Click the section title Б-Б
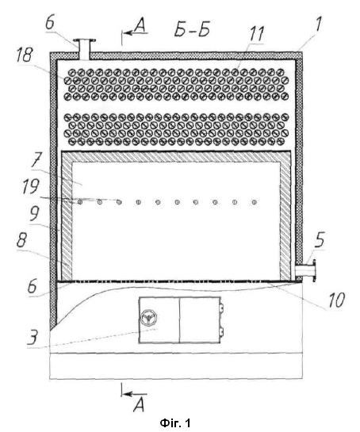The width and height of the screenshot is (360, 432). (192, 29)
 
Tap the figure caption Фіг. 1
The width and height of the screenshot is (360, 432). (175, 423)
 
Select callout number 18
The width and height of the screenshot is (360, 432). (25, 55)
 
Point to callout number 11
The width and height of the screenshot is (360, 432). (257, 33)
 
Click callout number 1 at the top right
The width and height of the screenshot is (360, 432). (318, 24)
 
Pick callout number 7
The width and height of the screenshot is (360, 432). (36, 159)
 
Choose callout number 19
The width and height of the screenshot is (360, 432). (30, 186)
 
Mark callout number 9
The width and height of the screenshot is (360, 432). (34, 213)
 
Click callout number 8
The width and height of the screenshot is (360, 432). (21, 240)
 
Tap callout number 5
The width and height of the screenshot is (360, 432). (320, 240)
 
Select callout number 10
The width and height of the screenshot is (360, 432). (336, 300)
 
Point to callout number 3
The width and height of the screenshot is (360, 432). (33, 337)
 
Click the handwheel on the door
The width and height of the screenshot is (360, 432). (148, 318)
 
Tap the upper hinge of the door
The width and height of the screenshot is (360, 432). (221, 308)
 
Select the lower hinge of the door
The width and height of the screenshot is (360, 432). (221, 331)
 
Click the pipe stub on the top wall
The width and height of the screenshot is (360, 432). (85, 49)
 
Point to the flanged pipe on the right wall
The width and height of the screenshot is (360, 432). (305, 270)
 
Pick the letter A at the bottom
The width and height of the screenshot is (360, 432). (139, 405)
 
